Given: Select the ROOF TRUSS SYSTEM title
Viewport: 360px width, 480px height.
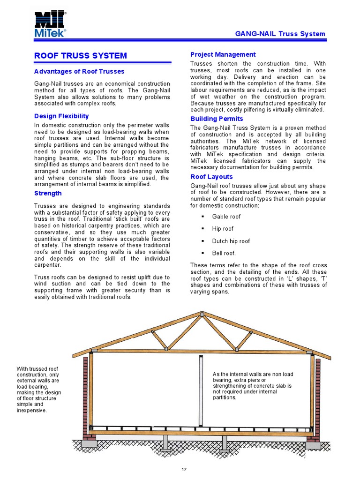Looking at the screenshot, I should click(81, 56).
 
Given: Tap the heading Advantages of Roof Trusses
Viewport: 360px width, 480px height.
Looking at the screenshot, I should click(79, 72).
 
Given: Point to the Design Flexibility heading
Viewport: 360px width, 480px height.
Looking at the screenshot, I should click(61, 116).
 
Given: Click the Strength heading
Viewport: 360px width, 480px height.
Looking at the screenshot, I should click(48, 193).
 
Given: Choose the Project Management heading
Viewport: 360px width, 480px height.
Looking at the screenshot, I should click(223, 54).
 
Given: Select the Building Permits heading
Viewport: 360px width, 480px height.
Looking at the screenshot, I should click(217, 119).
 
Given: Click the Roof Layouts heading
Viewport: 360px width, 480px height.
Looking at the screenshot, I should click(211, 177).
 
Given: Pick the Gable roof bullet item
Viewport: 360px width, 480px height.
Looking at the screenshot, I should click(226, 217).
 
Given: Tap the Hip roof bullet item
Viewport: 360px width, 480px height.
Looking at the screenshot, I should click(223, 229).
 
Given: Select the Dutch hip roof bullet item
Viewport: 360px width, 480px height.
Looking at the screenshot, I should click(231, 241).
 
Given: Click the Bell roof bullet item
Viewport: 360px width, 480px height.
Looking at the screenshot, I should click(224, 253).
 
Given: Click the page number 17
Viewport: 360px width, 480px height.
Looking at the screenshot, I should click(184, 469).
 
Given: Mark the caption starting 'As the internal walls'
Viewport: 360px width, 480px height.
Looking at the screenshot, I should click(252, 385).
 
